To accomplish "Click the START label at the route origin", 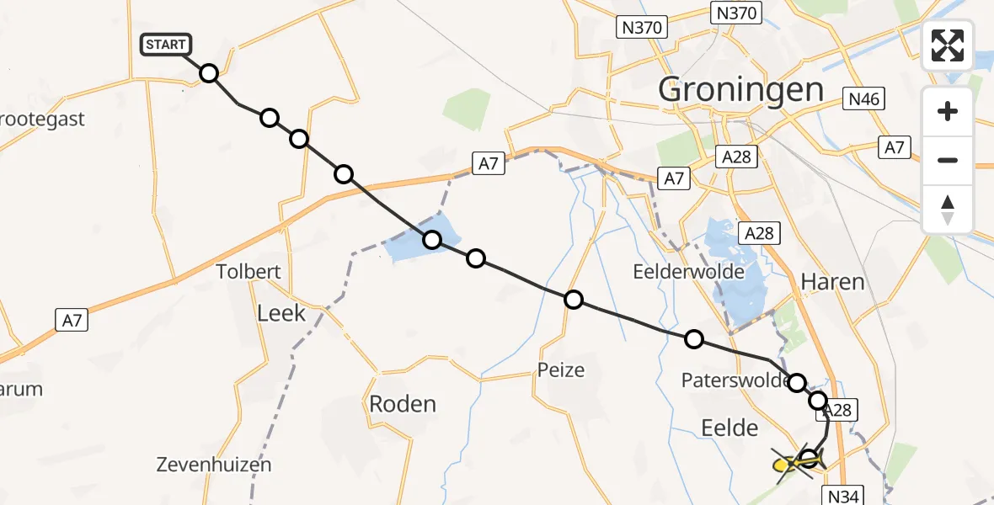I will pyautogui.click(x=166, y=45).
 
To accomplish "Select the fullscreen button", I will pyautogui.click(x=948, y=45).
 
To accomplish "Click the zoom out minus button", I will pyautogui.click(x=948, y=160).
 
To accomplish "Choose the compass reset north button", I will pyautogui.click(x=948, y=210).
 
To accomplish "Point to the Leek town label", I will pyautogui.click(x=281, y=314).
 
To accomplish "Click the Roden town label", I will pyautogui.click(x=403, y=404).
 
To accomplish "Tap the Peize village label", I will pyautogui.click(x=561, y=369).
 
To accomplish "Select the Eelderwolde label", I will pyautogui.click(x=688, y=272).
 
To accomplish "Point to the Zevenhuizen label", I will pyautogui.click(x=214, y=464).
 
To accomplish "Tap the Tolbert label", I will pyautogui.click(x=248, y=272).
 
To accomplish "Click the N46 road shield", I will pyautogui.click(x=863, y=100).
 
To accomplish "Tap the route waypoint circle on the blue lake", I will pyautogui.click(x=432, y=240).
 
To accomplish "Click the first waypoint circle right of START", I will pyautogui.click(x=209, y=73).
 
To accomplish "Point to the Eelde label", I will pyautogui.click(x=729, y=428).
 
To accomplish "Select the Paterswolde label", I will pyautogui.click(x=735, y=381).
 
